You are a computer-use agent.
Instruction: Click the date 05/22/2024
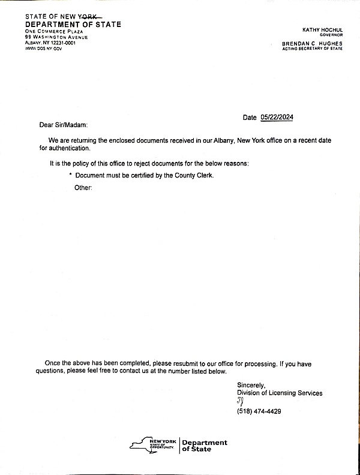277,118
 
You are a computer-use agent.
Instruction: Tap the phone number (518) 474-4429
259,411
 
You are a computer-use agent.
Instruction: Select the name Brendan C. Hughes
312,44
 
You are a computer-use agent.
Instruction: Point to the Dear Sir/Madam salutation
64,125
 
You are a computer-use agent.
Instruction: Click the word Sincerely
251,384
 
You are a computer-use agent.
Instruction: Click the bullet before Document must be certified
70,174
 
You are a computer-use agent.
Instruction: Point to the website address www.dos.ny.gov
43,48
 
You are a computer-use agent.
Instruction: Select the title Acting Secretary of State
313,49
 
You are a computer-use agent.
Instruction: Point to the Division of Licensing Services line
280,393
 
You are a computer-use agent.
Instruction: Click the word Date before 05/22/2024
250,118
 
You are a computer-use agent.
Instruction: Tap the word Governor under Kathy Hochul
331,35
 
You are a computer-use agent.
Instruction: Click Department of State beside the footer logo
204,446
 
